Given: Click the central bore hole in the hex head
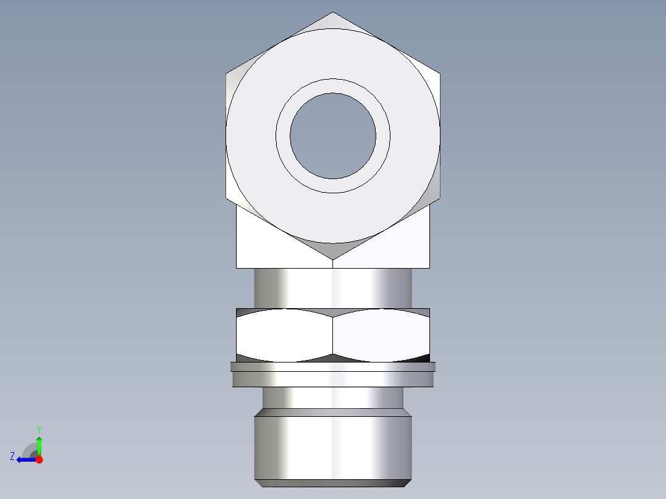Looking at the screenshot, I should pos(333,136).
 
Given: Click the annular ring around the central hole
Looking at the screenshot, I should pos(333,86).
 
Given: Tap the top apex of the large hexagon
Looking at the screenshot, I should pos(333,14).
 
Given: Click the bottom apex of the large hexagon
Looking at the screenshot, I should pos(333,258).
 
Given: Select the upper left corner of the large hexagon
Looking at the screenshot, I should pos(227,74).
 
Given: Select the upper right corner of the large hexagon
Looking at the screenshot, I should pos(439,74).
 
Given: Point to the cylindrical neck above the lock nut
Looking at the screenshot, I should pos(333,288).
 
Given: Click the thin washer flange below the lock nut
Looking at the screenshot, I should pos(333,366).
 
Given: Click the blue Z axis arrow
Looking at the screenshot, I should pos(25,459).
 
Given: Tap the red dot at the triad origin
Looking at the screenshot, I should pos(39,459).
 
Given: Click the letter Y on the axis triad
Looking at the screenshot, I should pos(38,429).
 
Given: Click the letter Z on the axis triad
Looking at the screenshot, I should pos(12,456).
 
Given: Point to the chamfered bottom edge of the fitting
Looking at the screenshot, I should pos(333,483).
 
